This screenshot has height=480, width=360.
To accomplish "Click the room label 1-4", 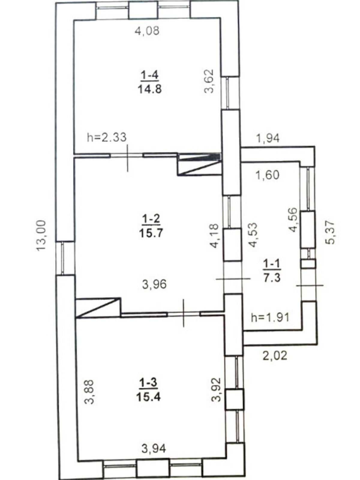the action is coord(150,76).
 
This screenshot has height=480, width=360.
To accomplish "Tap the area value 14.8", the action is coord(150,89).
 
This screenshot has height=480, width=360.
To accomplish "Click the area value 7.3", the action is coord(272,278).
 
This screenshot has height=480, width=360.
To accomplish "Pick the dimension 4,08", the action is coord(147,31).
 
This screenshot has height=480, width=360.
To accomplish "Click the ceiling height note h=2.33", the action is coord(107,137).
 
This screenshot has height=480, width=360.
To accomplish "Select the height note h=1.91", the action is coord(270,317).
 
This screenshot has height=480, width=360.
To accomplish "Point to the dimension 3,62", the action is coord(208,81).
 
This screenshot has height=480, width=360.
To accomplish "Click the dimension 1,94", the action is coord(268,138).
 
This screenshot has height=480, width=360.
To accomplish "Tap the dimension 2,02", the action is coord(274,355).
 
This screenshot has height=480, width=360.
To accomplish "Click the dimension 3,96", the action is coord(154,284).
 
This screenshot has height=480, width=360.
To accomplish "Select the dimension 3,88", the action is coord(89,392).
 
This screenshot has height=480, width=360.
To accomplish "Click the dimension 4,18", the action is coord(214,235).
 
